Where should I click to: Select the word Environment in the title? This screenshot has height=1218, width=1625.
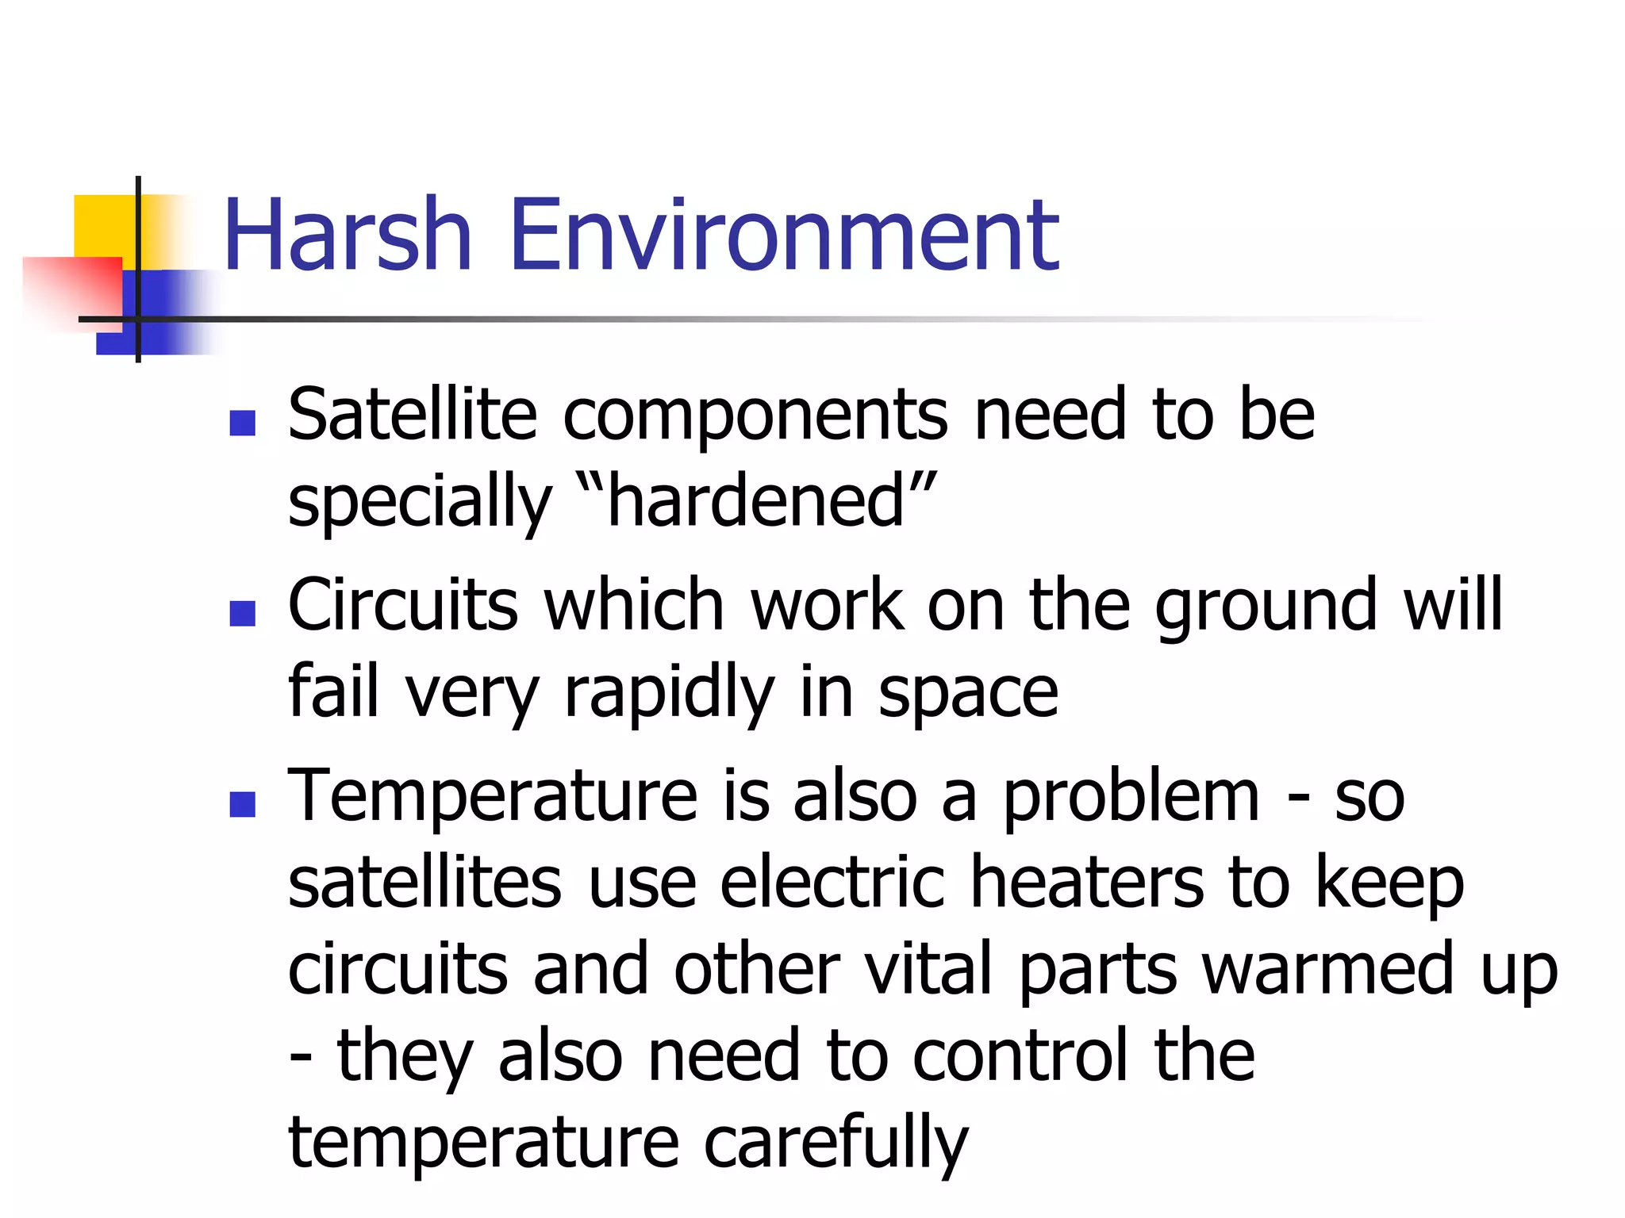[x=784, y=236]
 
